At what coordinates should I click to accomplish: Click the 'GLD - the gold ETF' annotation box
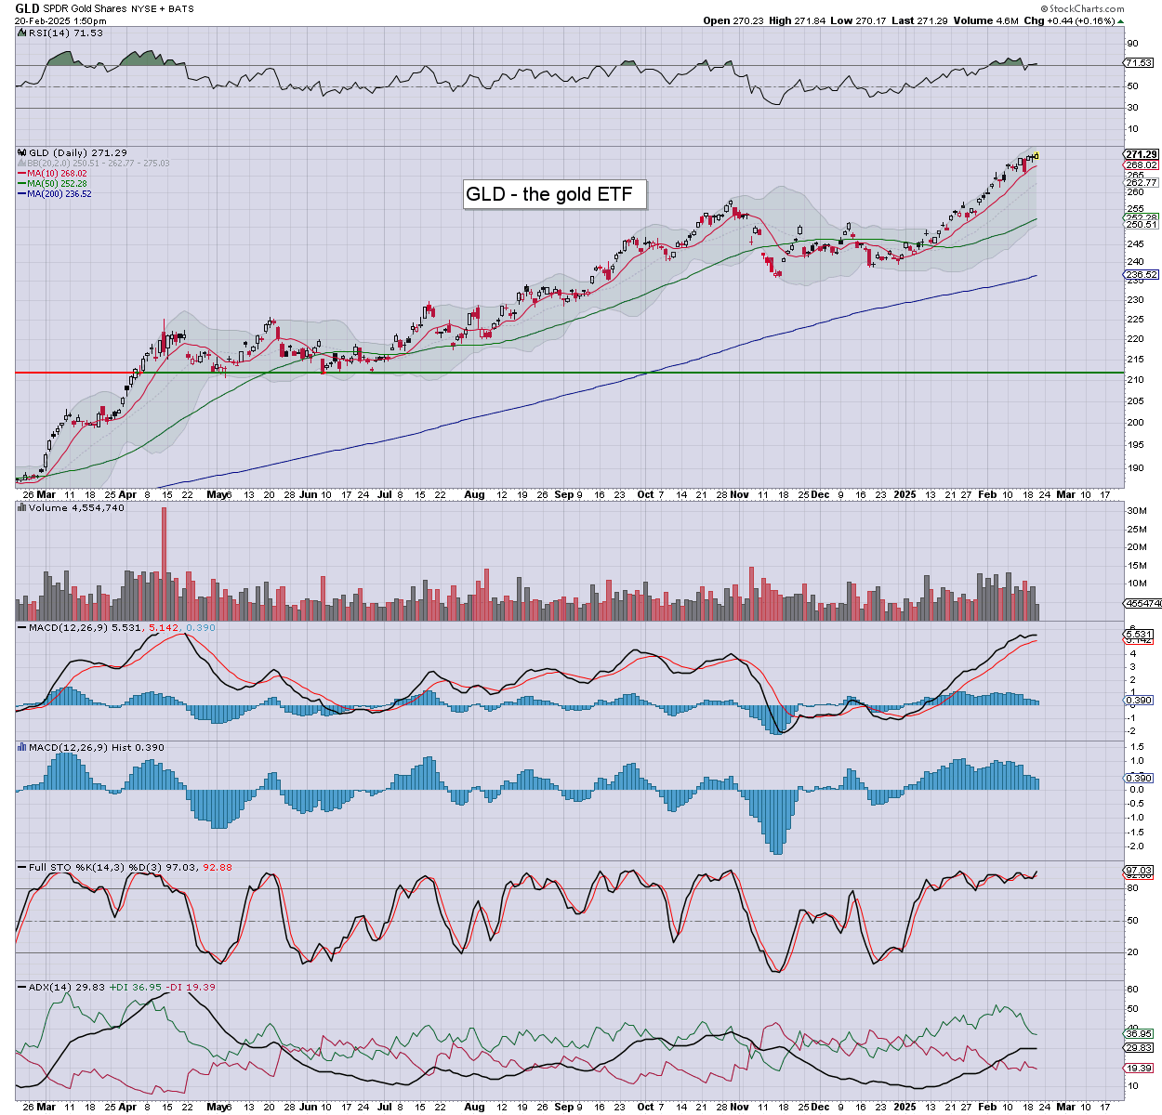click(x=554, y=194)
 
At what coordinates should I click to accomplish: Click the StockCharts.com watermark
click(x=1086, y=8)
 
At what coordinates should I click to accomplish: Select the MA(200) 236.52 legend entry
click(x=59, y=193)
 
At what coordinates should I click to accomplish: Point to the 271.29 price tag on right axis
click(x=1141, y=154)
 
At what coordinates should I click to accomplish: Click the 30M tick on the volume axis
click(x=1136, y=511)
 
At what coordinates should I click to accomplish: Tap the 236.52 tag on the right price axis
click(x=1141, y=275)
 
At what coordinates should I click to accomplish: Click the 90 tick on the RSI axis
click(x=1132, y=44)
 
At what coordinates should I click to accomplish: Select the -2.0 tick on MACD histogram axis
click(x=1135, y=846)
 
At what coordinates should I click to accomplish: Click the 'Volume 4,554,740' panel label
click(x=76, y=508)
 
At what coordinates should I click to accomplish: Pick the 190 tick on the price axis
click(x=1134, y=468)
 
